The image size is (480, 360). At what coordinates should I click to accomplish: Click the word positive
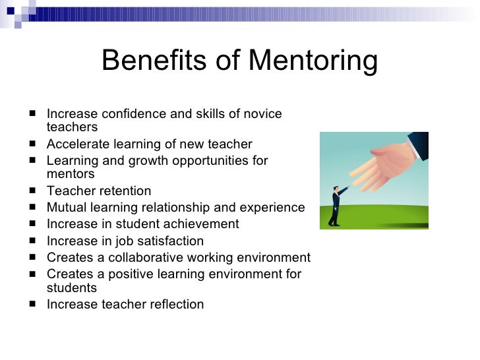pos(126,274)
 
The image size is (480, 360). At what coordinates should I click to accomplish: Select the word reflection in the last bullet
pos(175,305)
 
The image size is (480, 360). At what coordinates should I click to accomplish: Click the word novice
pos(262,114)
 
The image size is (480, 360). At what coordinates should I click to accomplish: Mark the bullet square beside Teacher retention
pos(33,191)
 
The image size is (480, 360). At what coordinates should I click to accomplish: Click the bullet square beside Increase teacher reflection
pos(33,304)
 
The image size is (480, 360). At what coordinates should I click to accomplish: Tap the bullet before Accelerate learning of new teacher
pos(33,144)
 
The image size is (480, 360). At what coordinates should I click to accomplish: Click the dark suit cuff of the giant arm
pos(418,142)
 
